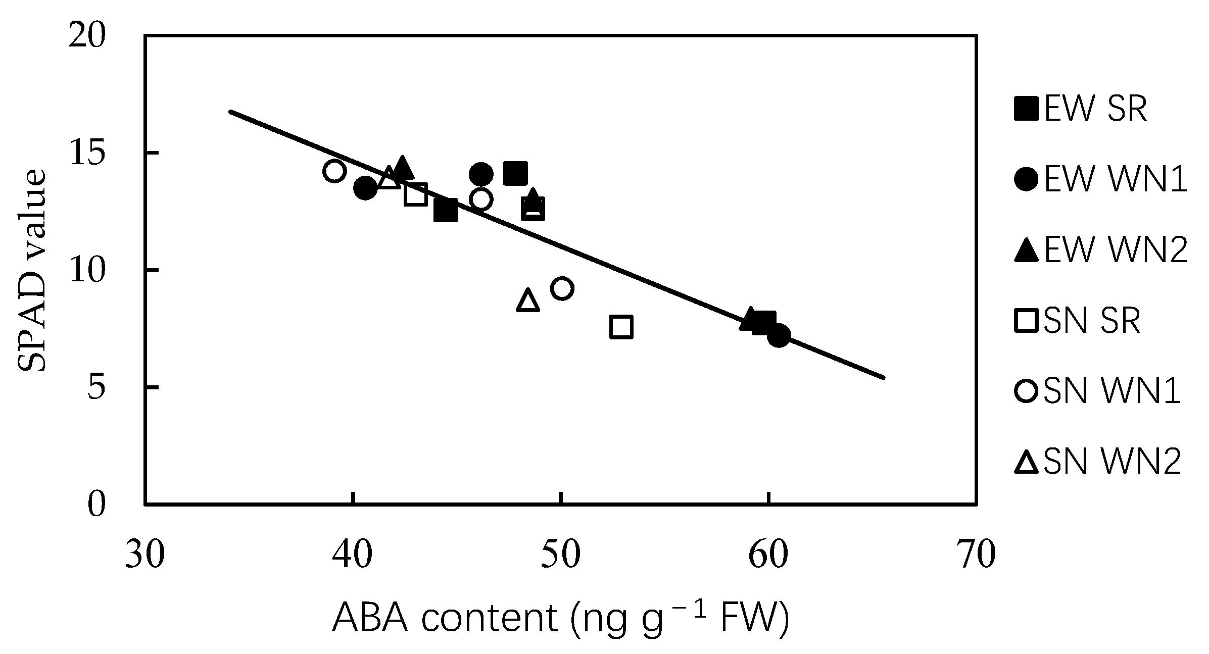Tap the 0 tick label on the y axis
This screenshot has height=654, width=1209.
(x=96, y=505)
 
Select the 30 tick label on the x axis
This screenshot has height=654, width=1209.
(x=145, y=556)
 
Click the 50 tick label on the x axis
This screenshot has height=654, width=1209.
(x=560, y=556)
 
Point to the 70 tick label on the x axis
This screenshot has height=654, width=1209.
(x=976, y=556)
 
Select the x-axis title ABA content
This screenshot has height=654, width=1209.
(x=560, y=617)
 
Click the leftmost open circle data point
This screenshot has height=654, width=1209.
(x=334, y=171)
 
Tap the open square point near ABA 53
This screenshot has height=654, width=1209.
(x=621, y=327)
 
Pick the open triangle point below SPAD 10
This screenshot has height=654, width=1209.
(x=528, y=300)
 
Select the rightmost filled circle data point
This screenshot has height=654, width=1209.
(x=779, y=336)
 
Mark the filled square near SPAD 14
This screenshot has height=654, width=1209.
(x=516, y=174)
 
